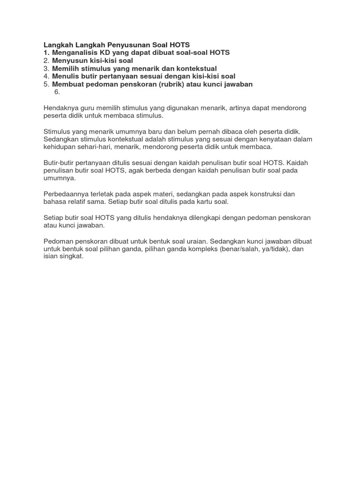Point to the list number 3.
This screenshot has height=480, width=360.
tap(46, 68)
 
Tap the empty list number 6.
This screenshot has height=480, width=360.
tap(57, 92)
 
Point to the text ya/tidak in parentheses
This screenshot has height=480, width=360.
tap(272, 249)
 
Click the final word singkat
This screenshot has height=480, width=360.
tap(70, 257)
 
